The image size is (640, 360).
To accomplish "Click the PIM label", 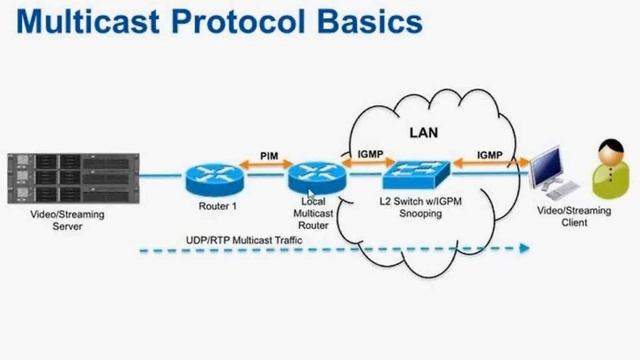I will [268, 156].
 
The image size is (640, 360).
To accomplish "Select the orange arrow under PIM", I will [265, 170].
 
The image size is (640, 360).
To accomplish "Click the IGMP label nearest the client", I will [490, 155].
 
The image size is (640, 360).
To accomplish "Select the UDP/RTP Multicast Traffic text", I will [244, 240].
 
